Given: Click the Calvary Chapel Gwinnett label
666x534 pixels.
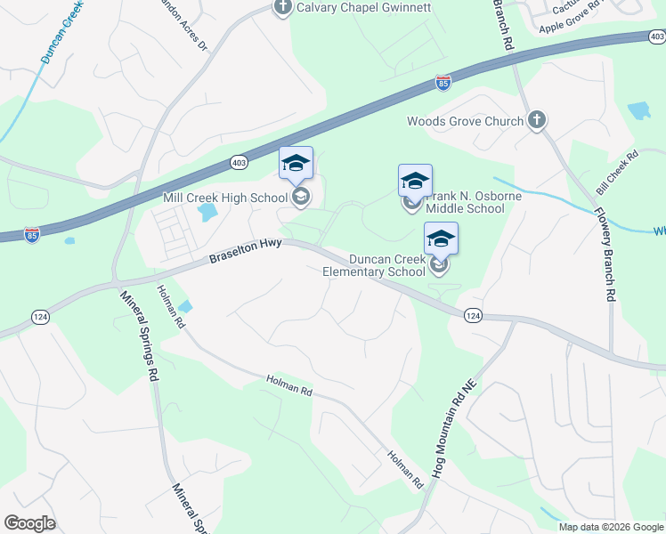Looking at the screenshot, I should pos(365,8).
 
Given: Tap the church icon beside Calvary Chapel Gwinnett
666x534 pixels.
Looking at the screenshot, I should pos(283,9).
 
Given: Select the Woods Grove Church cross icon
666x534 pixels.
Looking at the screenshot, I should pos(536,121).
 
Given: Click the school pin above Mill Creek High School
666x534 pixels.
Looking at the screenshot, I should pos(296,164).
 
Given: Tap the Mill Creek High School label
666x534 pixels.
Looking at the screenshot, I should pos(226,197).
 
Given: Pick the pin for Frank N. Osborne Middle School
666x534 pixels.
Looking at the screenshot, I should pos(415,182).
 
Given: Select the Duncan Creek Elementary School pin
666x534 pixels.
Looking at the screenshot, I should pos(441,239).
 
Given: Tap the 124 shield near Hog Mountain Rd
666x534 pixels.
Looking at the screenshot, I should pos(473,316).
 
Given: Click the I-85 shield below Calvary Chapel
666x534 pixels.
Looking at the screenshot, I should pos(443,83).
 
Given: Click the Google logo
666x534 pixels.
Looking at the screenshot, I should pos(29,523).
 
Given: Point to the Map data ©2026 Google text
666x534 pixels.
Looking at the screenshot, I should pos(610,527).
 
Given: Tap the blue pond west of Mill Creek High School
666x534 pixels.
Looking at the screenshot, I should pos(207,213).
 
